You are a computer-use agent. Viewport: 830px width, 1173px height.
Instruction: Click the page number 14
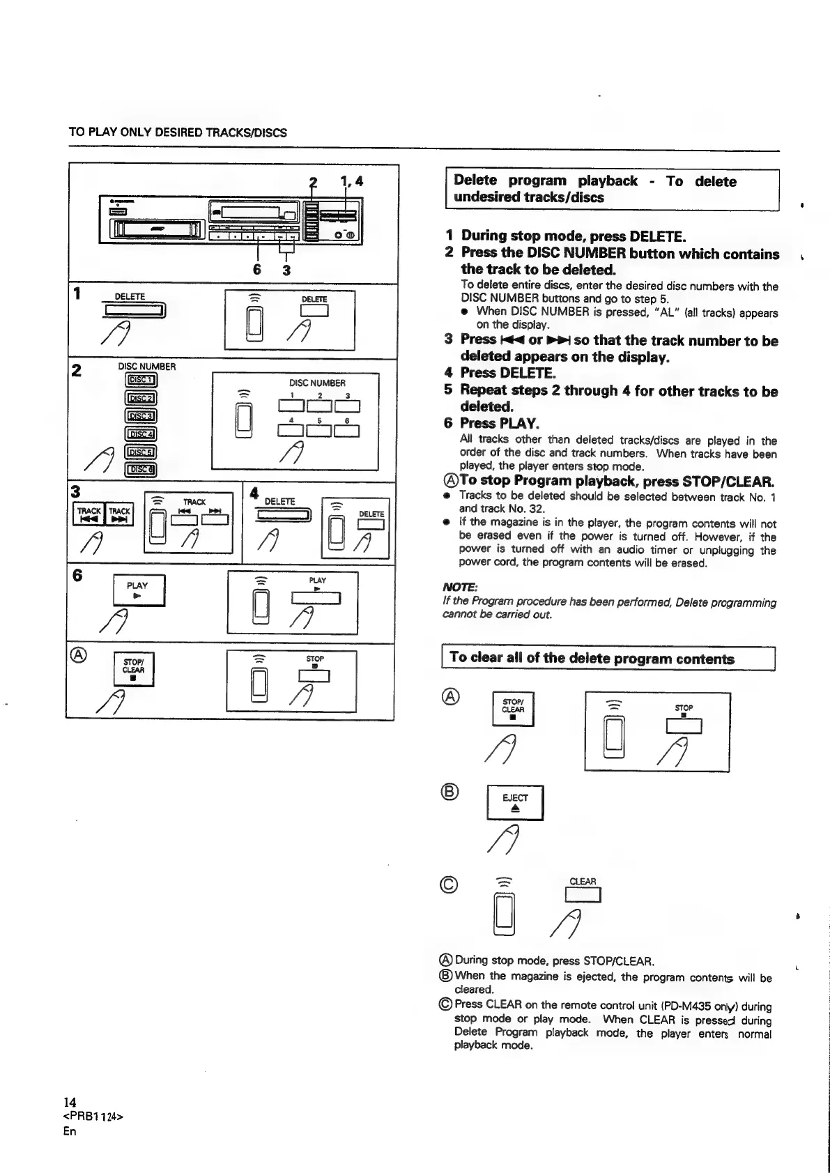69,1102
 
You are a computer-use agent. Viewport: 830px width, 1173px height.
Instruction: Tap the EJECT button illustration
515,802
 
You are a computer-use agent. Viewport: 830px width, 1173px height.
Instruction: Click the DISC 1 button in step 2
141,380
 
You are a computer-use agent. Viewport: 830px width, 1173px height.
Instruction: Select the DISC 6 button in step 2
141,468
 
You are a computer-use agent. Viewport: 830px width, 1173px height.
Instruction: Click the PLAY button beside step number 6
139,590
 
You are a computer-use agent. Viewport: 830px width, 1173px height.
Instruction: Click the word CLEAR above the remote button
583,881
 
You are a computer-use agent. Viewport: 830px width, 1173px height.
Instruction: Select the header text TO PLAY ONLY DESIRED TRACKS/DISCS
178,132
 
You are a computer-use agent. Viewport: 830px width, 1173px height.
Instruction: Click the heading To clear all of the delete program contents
592,658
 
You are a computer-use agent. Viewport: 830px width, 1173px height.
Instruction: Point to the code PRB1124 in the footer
93,1117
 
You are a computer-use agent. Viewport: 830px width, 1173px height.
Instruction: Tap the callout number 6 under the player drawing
258,270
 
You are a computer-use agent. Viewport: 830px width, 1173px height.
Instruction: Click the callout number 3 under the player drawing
286,270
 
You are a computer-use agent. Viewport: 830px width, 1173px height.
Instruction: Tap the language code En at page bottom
69,1130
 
